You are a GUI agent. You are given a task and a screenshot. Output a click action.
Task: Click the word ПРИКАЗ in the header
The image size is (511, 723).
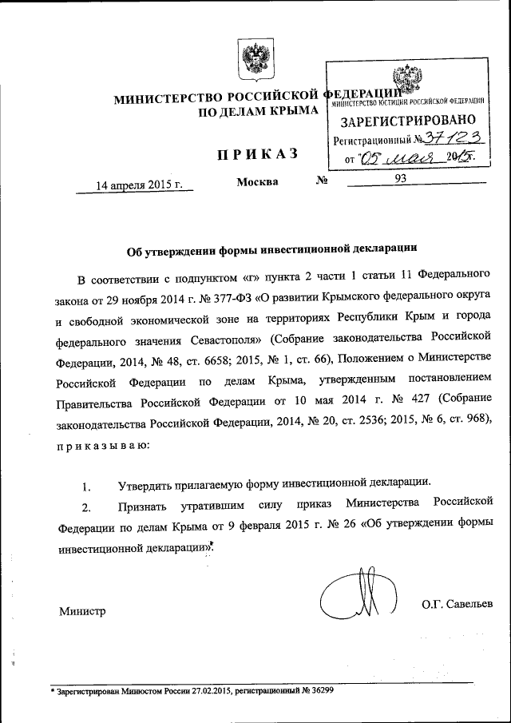[255, 154]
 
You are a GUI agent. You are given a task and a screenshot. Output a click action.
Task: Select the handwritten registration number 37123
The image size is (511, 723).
[443, 138]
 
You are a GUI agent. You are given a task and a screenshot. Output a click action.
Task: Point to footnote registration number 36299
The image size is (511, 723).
[317, 692]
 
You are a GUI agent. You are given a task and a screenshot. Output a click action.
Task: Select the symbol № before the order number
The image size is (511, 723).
[323, 181]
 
